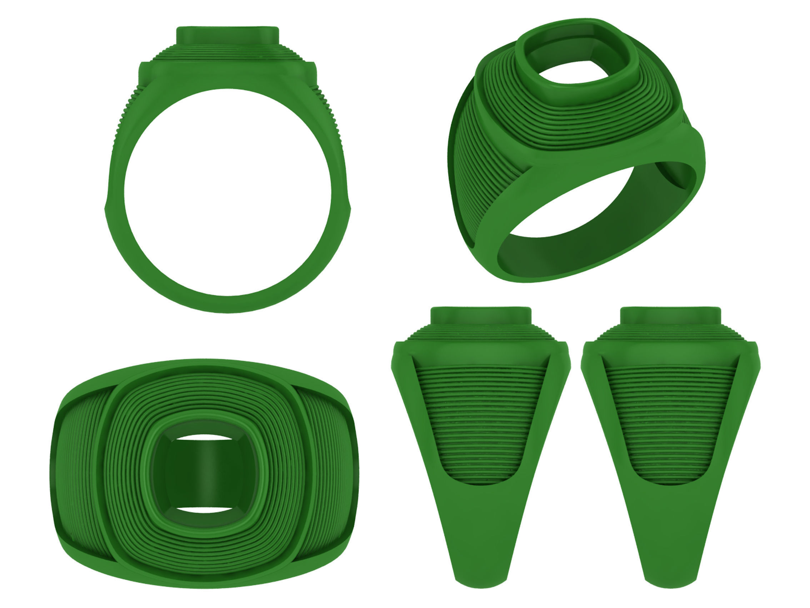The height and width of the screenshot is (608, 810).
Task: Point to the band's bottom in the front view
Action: click(x=227, y=304)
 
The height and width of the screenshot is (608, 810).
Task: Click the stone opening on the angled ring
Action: click(x=571, y=62)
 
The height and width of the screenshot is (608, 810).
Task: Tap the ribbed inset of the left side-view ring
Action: click(x=480, y=421)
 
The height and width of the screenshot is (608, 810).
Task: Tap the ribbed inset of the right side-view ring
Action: click(x=670, y=421)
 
